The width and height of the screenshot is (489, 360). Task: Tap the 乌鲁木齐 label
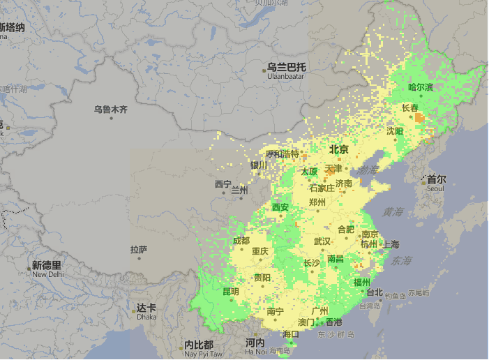tap(112, 110)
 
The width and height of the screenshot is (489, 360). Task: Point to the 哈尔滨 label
tap(421, 87)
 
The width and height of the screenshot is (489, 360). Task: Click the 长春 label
tap(410, 108)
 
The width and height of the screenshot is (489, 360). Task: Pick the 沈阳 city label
tap(395, 131)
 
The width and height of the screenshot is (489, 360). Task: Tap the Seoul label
tap(436, 188)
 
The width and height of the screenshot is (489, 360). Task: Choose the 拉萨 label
tap(139, 249)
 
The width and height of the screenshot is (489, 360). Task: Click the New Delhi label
tap(47, 274)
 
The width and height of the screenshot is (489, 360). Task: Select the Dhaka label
tap(146, 317)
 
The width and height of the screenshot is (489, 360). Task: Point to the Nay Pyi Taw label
tap(199, 354)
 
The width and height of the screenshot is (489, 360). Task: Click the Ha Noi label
tap(255, 351)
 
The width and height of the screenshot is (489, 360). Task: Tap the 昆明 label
tap(230, 292)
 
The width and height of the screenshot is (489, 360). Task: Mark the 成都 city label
tap(241, 241)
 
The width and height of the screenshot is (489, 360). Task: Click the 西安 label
tap(280, 207)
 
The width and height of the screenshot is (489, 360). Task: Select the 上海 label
tap(391, 244)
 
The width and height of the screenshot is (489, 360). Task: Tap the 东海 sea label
tap(401, 261)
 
